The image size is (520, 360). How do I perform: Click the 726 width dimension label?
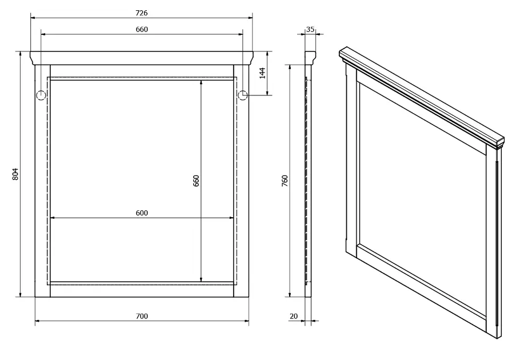pyautogui.click(x=142, y=13)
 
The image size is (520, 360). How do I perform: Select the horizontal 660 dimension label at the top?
pyautogui.click(x=142, y=29)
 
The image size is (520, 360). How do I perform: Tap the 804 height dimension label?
pyautogui.click(x=15, y=174)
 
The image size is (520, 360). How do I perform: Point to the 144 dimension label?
pyautogui.click(x=262, y=73)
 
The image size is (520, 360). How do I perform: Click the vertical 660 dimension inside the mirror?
pyautogui.click(x=196, y=181)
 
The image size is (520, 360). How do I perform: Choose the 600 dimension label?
pyautogui.click(x=142, y=213)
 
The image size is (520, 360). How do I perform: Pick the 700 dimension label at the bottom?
pyautogui.click(x=142, y=316)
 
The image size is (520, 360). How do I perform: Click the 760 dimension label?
pyautogui.click(x=285, y=181)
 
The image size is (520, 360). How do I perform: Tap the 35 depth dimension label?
pyautogui.click(x=310, y=29)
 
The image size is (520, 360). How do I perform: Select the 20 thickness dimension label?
pyautogui.click(x=294, y=316)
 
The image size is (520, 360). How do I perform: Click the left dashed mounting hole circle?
pyautogui.click(x=41, y=95)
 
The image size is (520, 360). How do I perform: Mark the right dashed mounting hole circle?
pyautogui.click(x=243, y=95)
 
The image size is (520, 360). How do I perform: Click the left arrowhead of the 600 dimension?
pyautogui.click(x=53, y=218)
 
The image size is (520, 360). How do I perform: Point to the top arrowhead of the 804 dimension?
pyautogui.click(x=21, y=54)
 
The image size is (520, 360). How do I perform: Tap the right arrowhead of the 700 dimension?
pyautogui.click(x=246, y=321)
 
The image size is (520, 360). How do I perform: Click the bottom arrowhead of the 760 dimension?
pyautogui.click(x=290, y=294)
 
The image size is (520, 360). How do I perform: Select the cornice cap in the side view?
pyautogui.click(x=310, y=58)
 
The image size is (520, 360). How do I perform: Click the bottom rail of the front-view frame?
pyautogui.click(x=142, y=291)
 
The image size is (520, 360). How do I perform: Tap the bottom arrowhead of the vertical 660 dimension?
pyautogui.click(x=201, y=279)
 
